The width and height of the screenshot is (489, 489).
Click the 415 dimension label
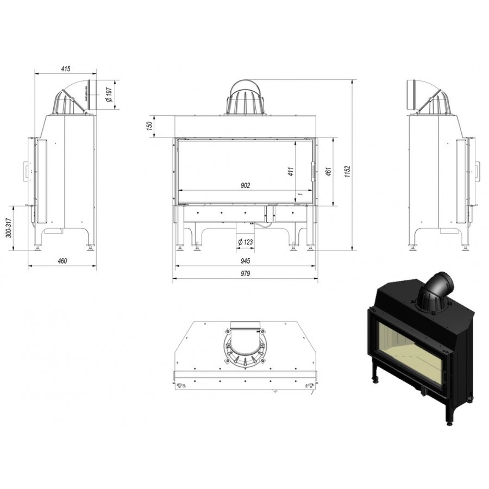tap(66, 68)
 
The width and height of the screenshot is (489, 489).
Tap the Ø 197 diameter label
tap(109, 95)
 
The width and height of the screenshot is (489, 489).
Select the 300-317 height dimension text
tap(9, 228)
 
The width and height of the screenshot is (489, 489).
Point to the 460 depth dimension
tap(62, 261)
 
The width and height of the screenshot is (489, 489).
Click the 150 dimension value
tap(149, 126)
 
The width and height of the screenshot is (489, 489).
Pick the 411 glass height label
tap(291, 172)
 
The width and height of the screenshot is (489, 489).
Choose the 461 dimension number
tap(328, 172)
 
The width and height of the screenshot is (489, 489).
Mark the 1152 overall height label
tap(348, 172)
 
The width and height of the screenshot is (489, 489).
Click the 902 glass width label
tap(246, 186)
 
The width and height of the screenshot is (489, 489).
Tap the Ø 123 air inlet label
tap(245, 242)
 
